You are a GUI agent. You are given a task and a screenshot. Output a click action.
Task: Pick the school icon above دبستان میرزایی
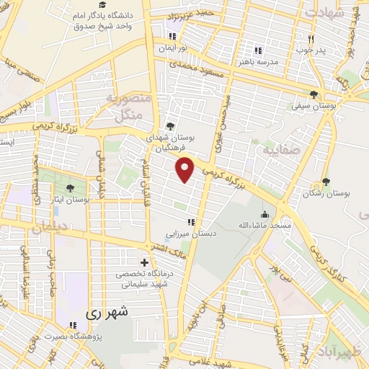(x=191, y=222)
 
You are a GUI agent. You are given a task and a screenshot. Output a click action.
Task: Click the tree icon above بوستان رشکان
(x=326, y=182)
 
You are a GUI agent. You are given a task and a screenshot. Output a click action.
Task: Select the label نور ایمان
(x=173, y=48)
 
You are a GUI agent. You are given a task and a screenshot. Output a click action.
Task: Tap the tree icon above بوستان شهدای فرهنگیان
(x=170, y=125)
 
